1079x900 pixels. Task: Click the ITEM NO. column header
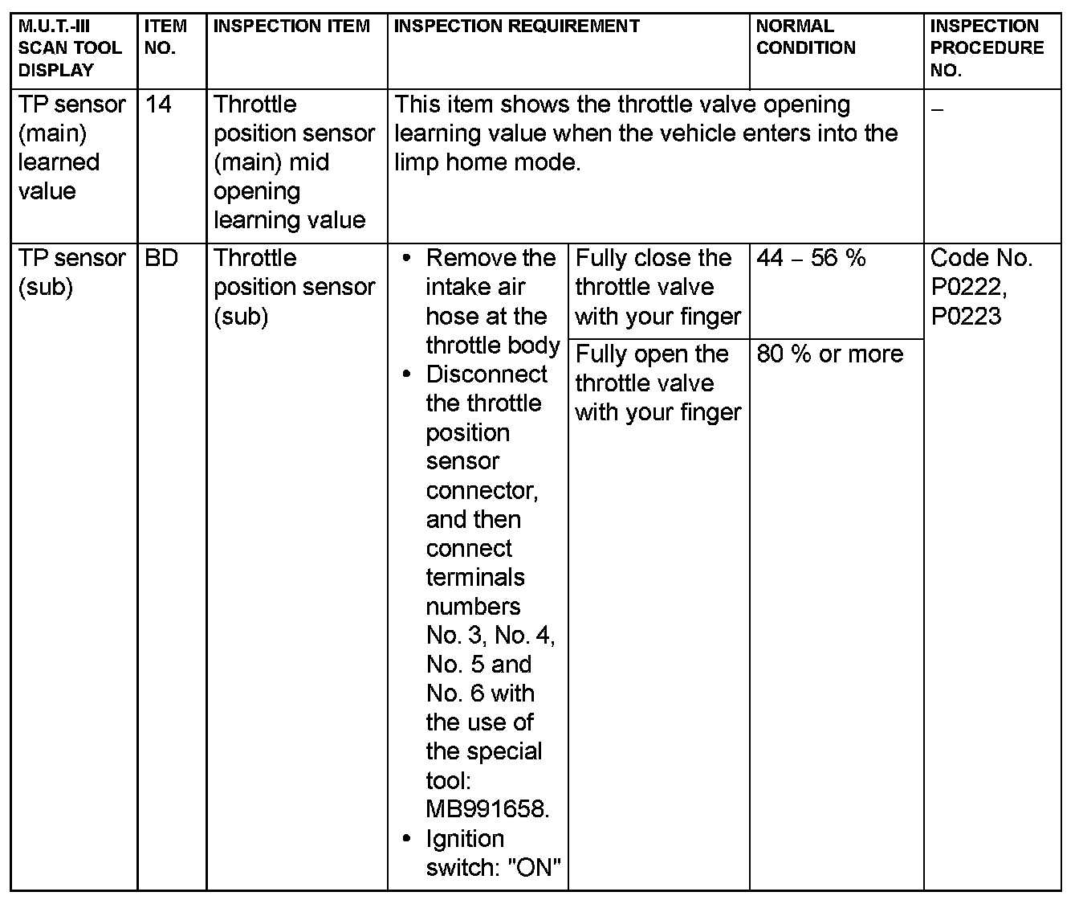click(165, 37)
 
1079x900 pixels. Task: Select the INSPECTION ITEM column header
click(291, 27)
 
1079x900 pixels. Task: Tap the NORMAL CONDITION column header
click(805, 37)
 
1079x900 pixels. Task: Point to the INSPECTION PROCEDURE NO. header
click(987, 47)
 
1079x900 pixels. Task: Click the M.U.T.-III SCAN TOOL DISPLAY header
click(70, 47)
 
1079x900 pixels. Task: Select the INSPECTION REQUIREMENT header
click(517, 27)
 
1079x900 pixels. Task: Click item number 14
click(159, 104)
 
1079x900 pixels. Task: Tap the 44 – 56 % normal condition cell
click(811, 259)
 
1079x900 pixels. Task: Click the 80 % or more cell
click(829, 354)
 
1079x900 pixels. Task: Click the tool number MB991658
click(487, 809)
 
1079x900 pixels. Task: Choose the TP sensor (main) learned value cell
click(71, 148)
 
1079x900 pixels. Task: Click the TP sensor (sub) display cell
click(71, 272)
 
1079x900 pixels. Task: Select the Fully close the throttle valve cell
click(658, 288)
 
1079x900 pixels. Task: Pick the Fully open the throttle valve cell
click(658, 383)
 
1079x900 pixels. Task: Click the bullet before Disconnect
click(409, 375)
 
